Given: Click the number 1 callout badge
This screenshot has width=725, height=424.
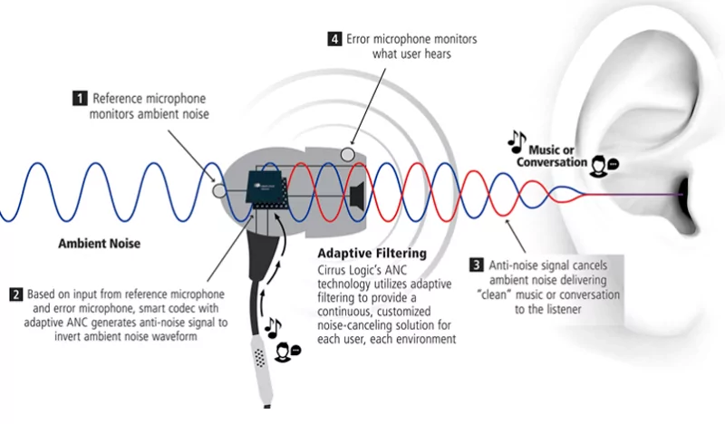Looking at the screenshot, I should pyautogui.click(x=80, y=97).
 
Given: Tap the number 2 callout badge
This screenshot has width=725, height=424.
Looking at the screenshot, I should pyautogui.click(x=16, y=294).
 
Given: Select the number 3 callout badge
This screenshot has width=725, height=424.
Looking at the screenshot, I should pyautogui.click(x=476, y=265).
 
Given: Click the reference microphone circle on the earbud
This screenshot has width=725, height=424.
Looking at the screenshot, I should pyautogui.click(x=217, y=191).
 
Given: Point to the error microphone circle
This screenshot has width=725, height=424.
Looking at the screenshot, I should pyautogui.click(x=347, y=155).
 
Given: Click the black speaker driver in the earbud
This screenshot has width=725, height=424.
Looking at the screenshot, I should pyautogui.click(x=355, y=194).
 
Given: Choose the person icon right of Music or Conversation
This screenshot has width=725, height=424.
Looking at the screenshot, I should pyautogui.click(x=601, y=164).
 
